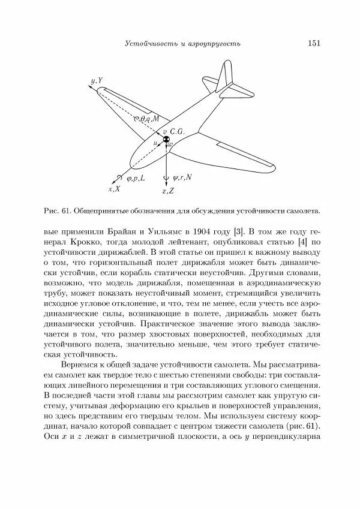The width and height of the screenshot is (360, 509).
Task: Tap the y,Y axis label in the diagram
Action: pos(96,80)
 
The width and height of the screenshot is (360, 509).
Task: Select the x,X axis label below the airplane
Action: pos(114,189)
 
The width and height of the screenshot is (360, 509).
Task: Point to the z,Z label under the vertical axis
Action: pos(168,191)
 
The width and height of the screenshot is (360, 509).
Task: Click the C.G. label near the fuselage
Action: pos(180,131)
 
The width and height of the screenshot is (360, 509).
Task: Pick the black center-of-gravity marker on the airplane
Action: pos(166,140)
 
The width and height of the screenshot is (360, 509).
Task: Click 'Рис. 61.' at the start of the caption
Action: pos(58,210)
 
